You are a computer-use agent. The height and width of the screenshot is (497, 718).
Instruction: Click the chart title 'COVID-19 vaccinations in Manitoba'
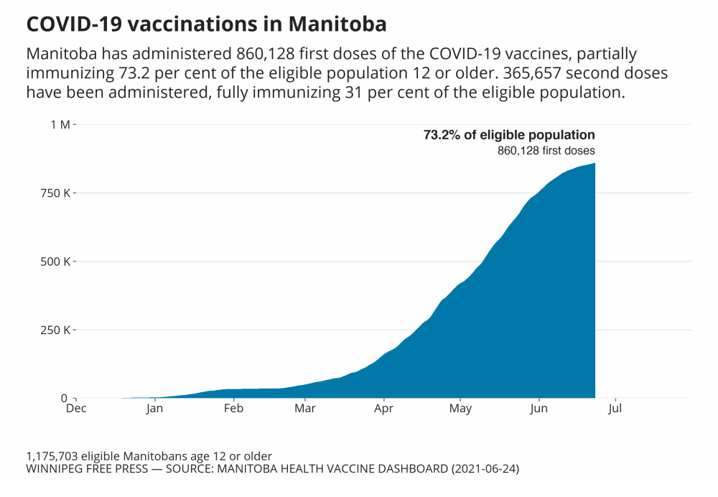[x=206, y=24]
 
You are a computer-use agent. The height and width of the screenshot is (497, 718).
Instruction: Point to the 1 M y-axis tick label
[x=60, y=125]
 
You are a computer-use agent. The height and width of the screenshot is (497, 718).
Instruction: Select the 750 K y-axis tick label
[x=56, y=193]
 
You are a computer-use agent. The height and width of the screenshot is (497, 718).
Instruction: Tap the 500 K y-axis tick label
[x=56, y=261]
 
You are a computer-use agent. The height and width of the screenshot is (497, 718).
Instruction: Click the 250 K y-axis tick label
[x=56, y=330]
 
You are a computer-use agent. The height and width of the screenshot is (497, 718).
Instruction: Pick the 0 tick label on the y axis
[x=64, y=399]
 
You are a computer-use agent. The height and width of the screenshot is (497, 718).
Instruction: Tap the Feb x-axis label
[x=233, y=409]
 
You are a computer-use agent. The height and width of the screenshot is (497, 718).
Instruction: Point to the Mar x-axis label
[x=305, y=409]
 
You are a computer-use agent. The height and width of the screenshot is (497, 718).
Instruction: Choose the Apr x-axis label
[x=384, y=409]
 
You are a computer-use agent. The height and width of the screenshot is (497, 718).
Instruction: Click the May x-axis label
[x=460, y=409]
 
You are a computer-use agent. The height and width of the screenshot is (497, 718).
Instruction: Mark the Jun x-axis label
[x=538, y=409]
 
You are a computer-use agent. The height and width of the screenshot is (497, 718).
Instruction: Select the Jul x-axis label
[x=615, y=409]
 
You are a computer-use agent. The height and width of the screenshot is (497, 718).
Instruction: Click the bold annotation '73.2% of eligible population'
[x=509, y=135]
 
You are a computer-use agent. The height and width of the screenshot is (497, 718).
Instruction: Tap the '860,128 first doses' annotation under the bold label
[x=546, y=151]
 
